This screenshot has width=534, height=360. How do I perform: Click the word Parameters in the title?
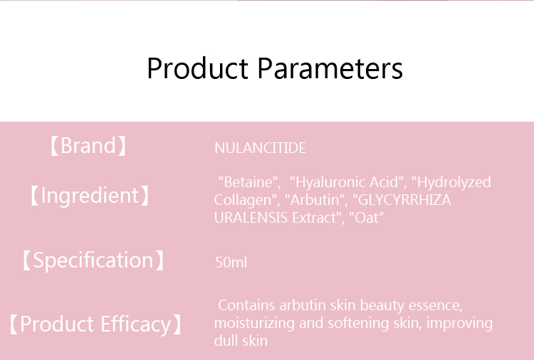330,68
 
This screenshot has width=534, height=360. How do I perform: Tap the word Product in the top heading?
197,68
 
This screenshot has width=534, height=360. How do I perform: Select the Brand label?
88,146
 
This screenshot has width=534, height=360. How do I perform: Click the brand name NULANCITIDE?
260,148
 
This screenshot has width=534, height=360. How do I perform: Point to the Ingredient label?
90,196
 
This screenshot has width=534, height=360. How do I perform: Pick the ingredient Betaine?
248,182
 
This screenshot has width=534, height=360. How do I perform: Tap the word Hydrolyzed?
454,182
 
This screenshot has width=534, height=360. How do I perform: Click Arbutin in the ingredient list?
315,200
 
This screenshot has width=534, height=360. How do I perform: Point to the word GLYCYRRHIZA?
404,200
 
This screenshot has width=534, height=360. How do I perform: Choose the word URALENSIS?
251,218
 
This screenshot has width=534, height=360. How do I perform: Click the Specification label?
93,260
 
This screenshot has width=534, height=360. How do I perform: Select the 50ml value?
231,263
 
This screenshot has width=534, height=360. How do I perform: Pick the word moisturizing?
254,323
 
